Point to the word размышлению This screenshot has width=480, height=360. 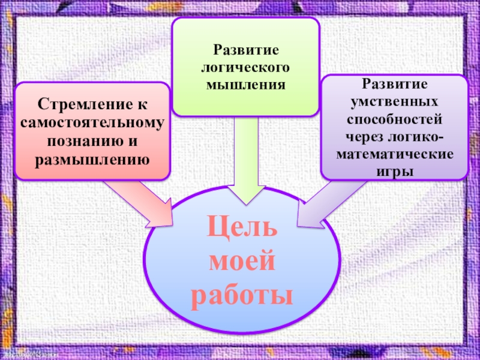pyautogui.click(x=92, y=160)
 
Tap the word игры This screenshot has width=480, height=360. pyautogui.click(x=394, y=172)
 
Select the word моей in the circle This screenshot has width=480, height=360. pyautogui.click(x=242, y=262)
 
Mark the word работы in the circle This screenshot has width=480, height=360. pyautogui.click(x=242, y=295)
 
